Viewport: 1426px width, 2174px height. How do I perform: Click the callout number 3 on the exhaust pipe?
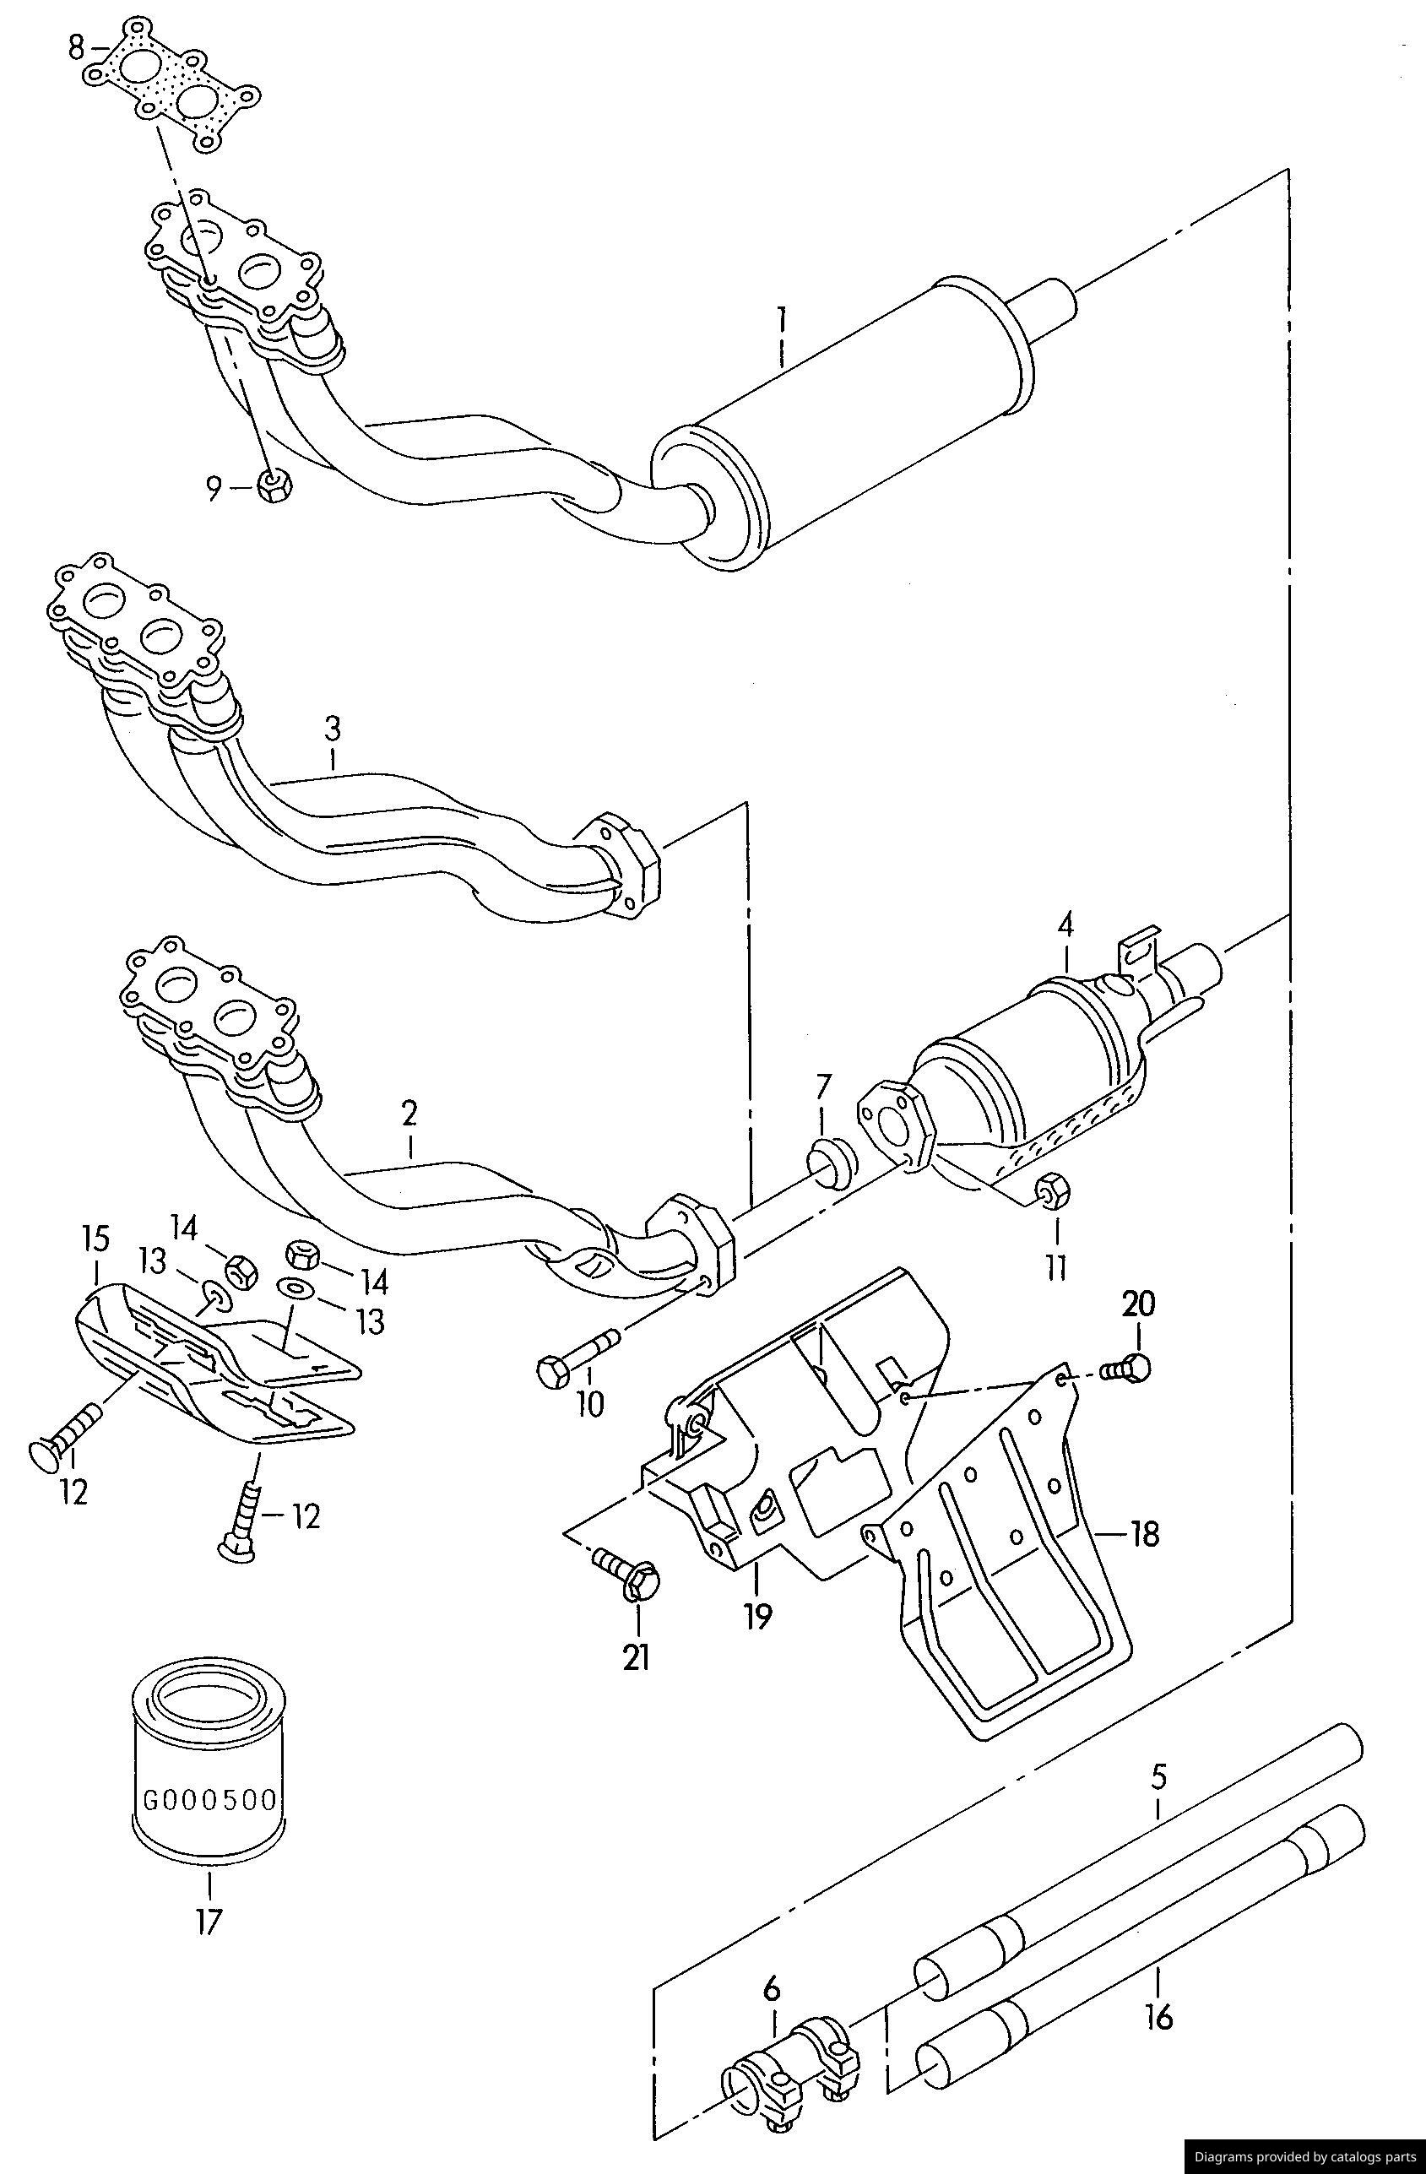[x=333, y=729]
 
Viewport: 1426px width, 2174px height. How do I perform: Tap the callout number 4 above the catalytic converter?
[x=1065, y=924]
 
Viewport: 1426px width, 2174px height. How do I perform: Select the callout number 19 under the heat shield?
[x=757, y=1616]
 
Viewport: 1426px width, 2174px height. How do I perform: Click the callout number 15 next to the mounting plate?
[x=96, y=1239]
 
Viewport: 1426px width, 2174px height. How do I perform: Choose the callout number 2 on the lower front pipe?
[x=409, y=1113]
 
